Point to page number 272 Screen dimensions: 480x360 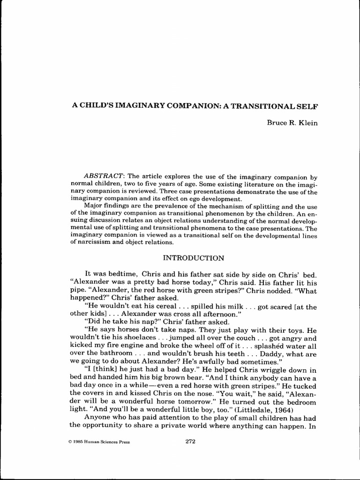[x=190, y=441]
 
